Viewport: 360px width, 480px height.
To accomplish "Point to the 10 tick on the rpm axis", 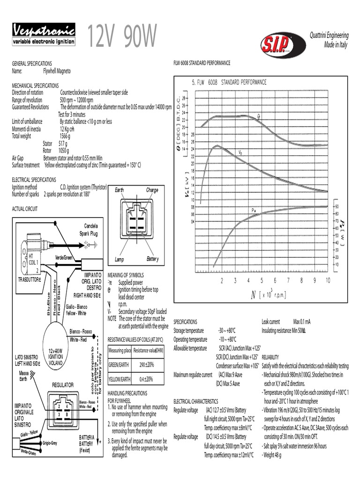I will point(328,280).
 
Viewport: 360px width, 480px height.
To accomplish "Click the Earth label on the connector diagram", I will point(120,190).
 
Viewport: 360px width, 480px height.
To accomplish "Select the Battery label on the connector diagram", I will point(152,259).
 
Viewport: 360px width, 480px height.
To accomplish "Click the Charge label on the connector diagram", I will point(152,190).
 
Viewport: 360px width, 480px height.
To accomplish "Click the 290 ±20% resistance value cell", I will point(146,364).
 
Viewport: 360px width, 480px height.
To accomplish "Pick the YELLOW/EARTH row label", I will point(120,379).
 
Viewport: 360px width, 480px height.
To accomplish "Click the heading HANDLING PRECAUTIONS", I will point(127,393).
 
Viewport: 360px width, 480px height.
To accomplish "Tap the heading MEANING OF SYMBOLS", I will point(126,275).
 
